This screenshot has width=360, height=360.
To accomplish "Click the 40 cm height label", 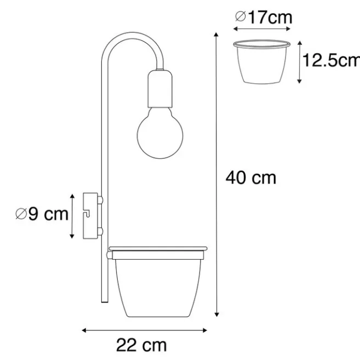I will click(252, 178).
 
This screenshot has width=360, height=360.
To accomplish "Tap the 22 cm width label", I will click(141, 345).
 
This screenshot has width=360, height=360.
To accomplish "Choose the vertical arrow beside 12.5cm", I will click(299, 61).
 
